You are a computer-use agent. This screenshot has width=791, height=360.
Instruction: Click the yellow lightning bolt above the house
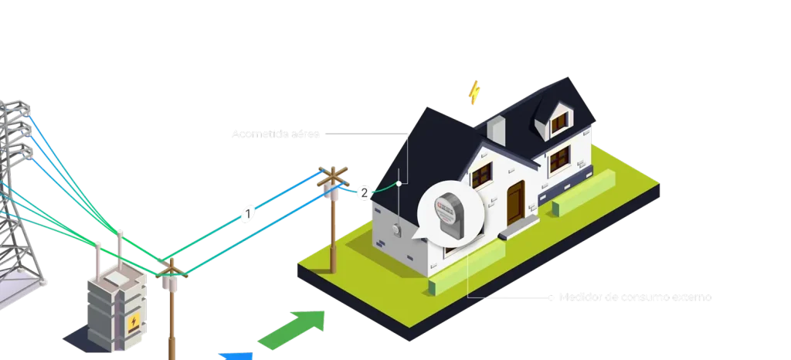click(x=474, y=92)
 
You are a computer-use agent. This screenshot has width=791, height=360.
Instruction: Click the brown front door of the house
click(x=515, y=201)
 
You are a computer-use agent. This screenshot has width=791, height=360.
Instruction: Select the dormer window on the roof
click(x=558, y=121)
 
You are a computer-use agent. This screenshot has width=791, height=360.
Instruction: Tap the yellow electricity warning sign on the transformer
click(x=134, y=322)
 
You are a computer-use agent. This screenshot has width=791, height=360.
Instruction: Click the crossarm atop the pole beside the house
click(x=334, y=175)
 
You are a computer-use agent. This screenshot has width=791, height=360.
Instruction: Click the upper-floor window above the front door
click(x=482, y=175)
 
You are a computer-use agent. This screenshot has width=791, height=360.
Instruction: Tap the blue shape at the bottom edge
click(x=236, y=356)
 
